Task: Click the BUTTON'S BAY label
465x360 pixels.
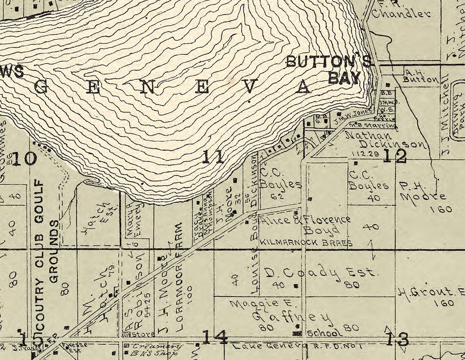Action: pyautogui.click(x=329, y=69)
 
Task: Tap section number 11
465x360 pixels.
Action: pyautogui.click(x=213, y=157)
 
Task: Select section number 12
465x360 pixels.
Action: pyautogui.click(x=395, y=156)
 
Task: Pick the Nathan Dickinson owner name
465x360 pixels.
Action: pyautogui.click(x=385, y=140)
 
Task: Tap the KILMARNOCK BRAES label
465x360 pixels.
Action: pyautogui.click(x=306, y=243)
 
